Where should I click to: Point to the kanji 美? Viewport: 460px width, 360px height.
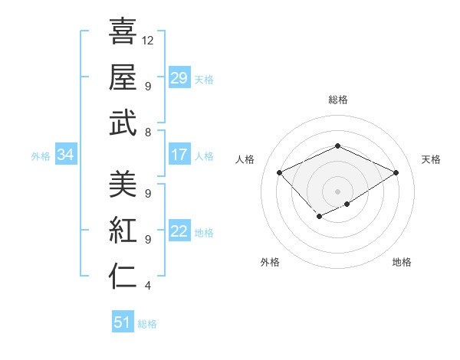tap(123, 184)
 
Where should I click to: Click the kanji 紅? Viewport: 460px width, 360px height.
tap(123, 231)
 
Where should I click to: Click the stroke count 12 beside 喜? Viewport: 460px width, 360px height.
tap(148, 39)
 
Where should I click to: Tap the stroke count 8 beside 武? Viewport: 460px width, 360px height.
tap(148, 133)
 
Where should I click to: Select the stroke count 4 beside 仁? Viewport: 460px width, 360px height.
tap(148, 287)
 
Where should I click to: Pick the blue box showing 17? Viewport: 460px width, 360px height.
tap(179, 155)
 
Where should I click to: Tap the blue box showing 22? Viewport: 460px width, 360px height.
tap(179, 232)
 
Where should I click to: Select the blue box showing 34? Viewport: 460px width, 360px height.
tap(66, 155)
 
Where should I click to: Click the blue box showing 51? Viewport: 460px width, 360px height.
tap(123, 322)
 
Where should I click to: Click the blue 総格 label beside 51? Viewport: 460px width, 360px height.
tap(147, 324)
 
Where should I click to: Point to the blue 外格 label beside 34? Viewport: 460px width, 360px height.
tap(41, 156)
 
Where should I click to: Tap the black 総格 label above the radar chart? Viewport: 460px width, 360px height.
tap(337, 100)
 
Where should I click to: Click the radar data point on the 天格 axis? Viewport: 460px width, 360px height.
tap(396, 172)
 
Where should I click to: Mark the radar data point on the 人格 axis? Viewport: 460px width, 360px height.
tap(280, 172)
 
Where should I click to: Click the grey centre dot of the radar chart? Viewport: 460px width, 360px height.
tap(337, 190)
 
